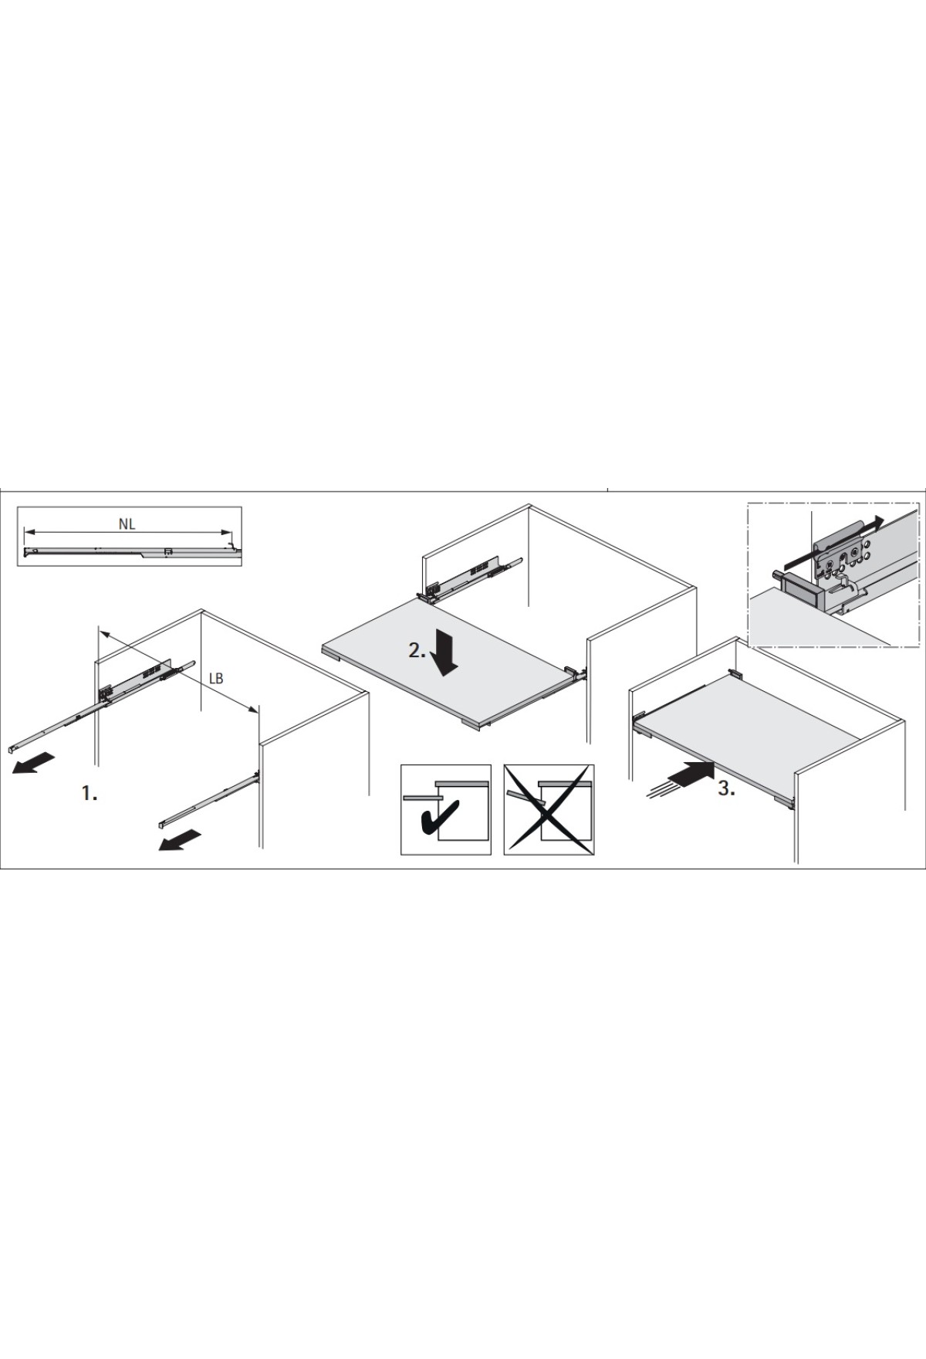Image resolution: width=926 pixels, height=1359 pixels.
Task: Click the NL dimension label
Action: pyautogui.click(x=127, y=524)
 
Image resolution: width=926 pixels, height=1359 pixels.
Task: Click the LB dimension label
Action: pyautogui.click(x=216, y=679)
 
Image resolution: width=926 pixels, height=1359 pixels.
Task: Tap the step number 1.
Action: pyautogui.click(x=90, y=793)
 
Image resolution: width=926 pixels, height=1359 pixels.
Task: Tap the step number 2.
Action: pyautogui.click(x=417, y=650)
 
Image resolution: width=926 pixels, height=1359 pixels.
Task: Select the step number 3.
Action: pyautogui.click(x=726, y=789)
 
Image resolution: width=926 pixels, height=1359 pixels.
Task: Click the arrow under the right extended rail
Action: pyautogui.click(x=180, y=840)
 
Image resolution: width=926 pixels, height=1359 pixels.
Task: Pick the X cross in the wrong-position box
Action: pyautogui.click(x=549, y=809)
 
